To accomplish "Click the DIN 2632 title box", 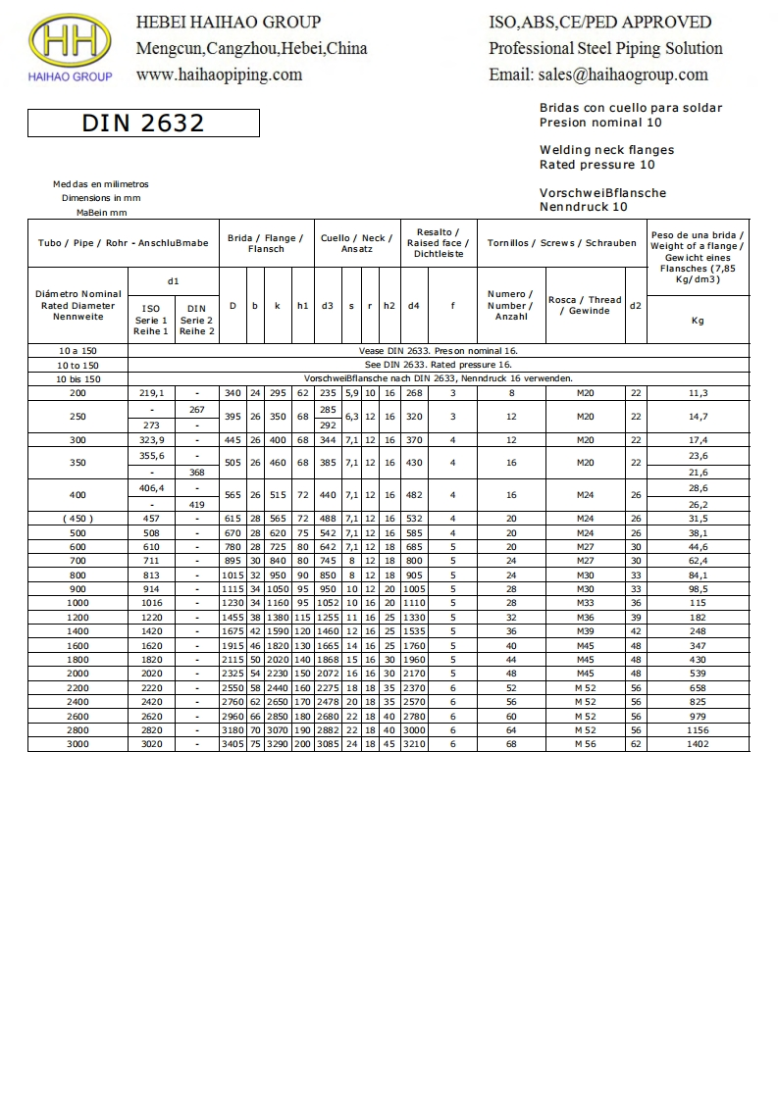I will coord(143,123).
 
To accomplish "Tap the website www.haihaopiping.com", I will coord(219,75).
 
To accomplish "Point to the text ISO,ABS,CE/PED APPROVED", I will coord(599,22).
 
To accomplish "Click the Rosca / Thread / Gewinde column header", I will coord(584,306).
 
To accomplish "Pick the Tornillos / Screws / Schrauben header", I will coord(561,243).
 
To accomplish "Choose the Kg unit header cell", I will coord(698,321).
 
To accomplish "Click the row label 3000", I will coord(78,744).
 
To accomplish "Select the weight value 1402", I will coord(698,744).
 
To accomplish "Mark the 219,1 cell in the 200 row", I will coord(152,393).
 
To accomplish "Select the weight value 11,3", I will coord(698,393).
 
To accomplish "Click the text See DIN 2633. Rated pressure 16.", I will coord(439,364).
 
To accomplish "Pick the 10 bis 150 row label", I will coord(78,378).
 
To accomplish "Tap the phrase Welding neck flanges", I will coord(606,150).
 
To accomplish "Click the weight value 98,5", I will coord(698,589).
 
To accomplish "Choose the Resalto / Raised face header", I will coord(439,243).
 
